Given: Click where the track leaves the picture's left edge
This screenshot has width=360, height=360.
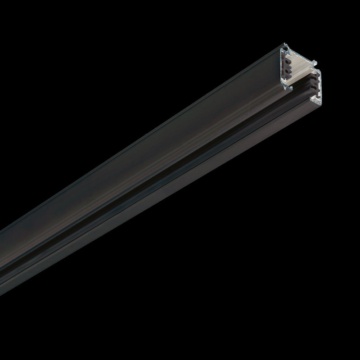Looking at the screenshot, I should (2, 252).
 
